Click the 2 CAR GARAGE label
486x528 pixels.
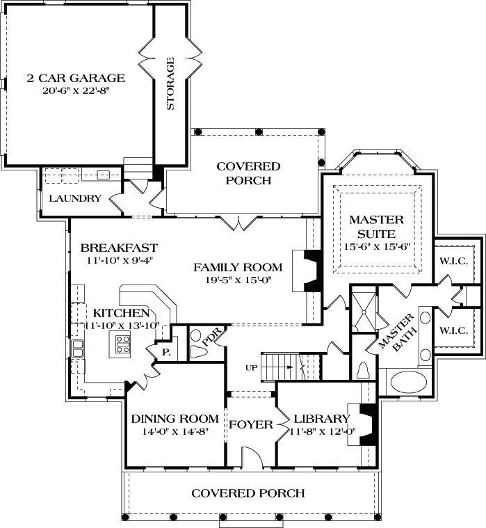click(x=76, y=78)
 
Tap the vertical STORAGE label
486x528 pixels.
click(x=170, y=84)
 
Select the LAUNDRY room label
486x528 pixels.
click(x=75, y=198)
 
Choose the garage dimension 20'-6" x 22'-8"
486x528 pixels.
click(x=76, y=90)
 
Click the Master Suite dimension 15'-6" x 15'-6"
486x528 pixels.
click(x=375, y=247)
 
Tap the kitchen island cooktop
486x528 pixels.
click(x=122, y=344)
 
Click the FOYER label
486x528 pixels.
click(x=251, y=424)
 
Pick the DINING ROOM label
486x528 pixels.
click(x=175, y=419)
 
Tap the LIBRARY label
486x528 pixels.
click(x=321, y=419)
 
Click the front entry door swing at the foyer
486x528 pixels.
click(x=251, y=458)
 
